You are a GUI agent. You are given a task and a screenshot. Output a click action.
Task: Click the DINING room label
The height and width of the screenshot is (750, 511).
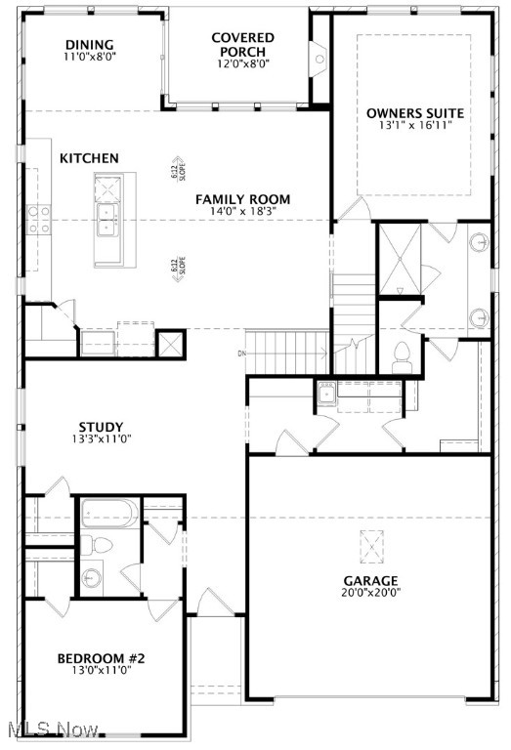(x=90, y=45)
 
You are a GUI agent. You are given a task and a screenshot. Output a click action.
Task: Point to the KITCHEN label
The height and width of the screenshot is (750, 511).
(x=89, y=158)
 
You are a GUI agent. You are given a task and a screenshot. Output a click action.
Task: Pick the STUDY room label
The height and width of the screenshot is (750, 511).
(x=101, y=427)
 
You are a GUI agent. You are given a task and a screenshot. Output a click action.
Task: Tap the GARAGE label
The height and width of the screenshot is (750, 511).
(x=370, y=581)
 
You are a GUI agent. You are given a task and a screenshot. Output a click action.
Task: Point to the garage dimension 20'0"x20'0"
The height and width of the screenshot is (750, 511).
(x=370, y=593)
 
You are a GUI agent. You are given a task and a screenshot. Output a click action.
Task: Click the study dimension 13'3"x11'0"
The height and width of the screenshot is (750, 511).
(x=101, y=439)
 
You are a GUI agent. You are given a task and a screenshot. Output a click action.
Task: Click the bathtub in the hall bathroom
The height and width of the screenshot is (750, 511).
(x=109, y=514)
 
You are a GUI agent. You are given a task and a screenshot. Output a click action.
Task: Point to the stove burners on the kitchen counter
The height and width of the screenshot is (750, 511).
(x=39, y=220)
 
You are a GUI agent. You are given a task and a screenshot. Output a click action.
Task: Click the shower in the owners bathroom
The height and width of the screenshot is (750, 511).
(x=400, y=258)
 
